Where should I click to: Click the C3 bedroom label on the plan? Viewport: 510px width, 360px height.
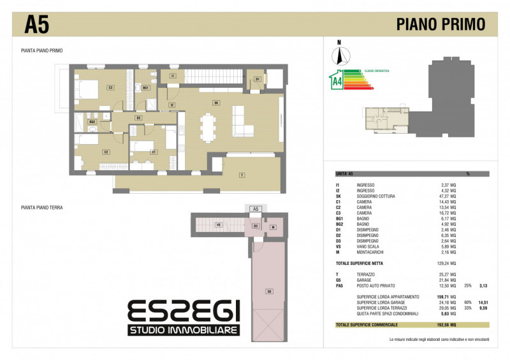(x=110, y=87)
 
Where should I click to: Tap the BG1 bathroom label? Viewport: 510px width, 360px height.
(x=145, y=87)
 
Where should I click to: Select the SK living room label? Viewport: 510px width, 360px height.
(x=216, y=103)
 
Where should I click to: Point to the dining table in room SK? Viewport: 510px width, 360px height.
(x=208, y=126)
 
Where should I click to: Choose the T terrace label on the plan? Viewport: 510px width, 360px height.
(x=242, y=175)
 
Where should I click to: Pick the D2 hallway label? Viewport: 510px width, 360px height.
(x=138, y=118)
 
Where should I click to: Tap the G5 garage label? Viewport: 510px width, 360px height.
(x=270, y=291)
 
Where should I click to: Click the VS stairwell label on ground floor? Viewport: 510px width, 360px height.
(x=218, y=225)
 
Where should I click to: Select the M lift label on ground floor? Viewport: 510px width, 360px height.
(x=272, y=226)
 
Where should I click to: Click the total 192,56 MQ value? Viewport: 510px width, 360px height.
(x=446, y=325)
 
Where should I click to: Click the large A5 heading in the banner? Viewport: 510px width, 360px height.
(x=36, y=24)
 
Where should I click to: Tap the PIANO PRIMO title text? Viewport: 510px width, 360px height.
(x=441, y=24)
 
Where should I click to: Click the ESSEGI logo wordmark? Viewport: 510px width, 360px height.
(x=183, y=312)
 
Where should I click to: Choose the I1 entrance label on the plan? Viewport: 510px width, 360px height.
(x=173, y=76)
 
